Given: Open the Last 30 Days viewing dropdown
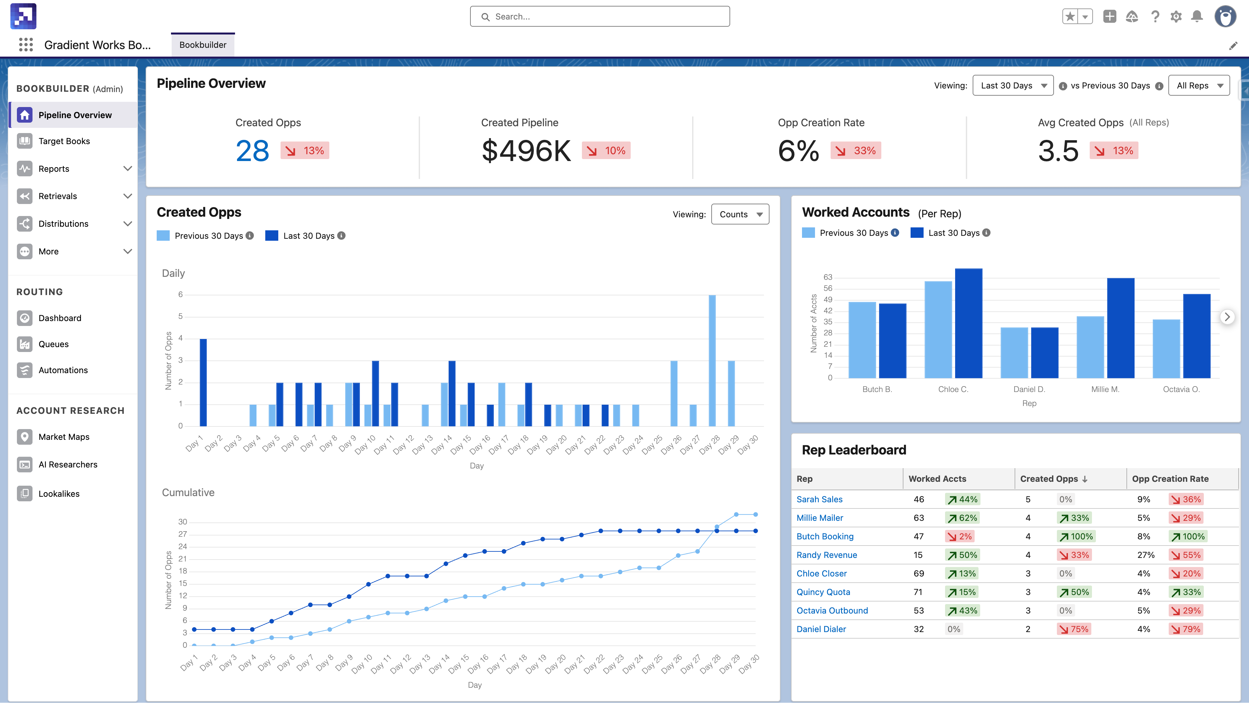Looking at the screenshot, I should click(1012, 85).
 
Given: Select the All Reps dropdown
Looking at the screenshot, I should click(1199, 85).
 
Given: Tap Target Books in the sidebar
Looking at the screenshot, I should click(64, 141).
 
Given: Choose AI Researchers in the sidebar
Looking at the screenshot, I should click(68, 464).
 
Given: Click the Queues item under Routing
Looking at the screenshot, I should click(53, 344).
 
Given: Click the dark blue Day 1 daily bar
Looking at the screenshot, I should click(203, 382).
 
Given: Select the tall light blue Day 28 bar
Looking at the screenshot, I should click(712, 360).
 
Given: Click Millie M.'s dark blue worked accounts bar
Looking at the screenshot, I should click(1121, 328).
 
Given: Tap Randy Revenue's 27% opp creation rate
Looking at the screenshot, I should click(1146, 555).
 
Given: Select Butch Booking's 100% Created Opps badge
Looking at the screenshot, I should click(1076, 536).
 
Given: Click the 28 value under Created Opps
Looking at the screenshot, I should click(252, 151).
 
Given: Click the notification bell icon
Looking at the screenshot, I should click(1197, 17).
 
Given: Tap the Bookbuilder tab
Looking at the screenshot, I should click(203, 45).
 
